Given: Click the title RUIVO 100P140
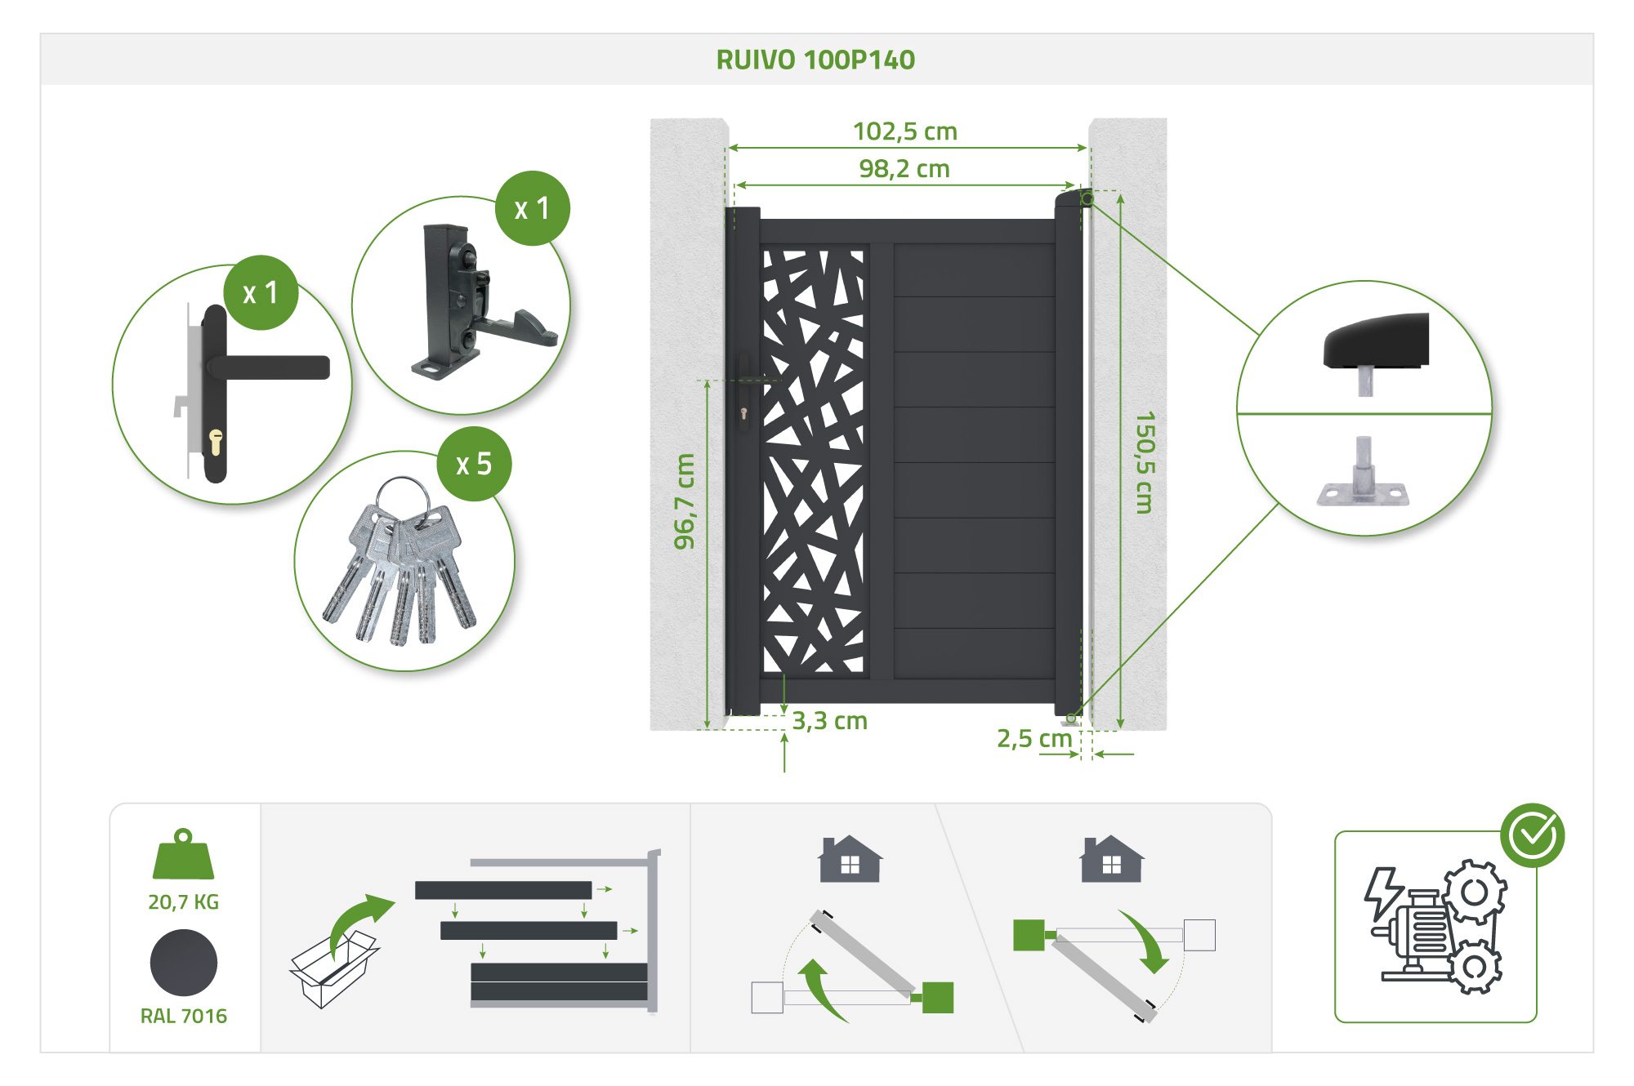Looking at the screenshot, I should [815, 60].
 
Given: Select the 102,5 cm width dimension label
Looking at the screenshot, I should [904, 131].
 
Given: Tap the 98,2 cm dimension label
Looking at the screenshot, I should [904, 169].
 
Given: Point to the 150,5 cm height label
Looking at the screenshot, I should [1145, 462].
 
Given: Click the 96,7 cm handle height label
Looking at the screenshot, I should [685, 501].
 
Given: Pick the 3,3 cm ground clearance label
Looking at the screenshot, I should [829, 721].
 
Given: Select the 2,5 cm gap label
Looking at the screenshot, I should [1034, 739].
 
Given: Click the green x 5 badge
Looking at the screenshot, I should [475, 464].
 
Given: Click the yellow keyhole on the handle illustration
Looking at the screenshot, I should [216, 442].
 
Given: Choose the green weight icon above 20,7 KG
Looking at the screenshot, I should [183, 855].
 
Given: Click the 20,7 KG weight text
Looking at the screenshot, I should [183, 901].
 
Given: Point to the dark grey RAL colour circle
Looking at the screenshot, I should [184, 963].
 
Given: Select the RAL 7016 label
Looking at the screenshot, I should [183, 1016].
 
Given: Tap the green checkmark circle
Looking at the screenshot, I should [1532, 835].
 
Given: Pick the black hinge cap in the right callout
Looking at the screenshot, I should [1377, 340].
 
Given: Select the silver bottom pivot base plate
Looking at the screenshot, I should [1363, 493].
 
